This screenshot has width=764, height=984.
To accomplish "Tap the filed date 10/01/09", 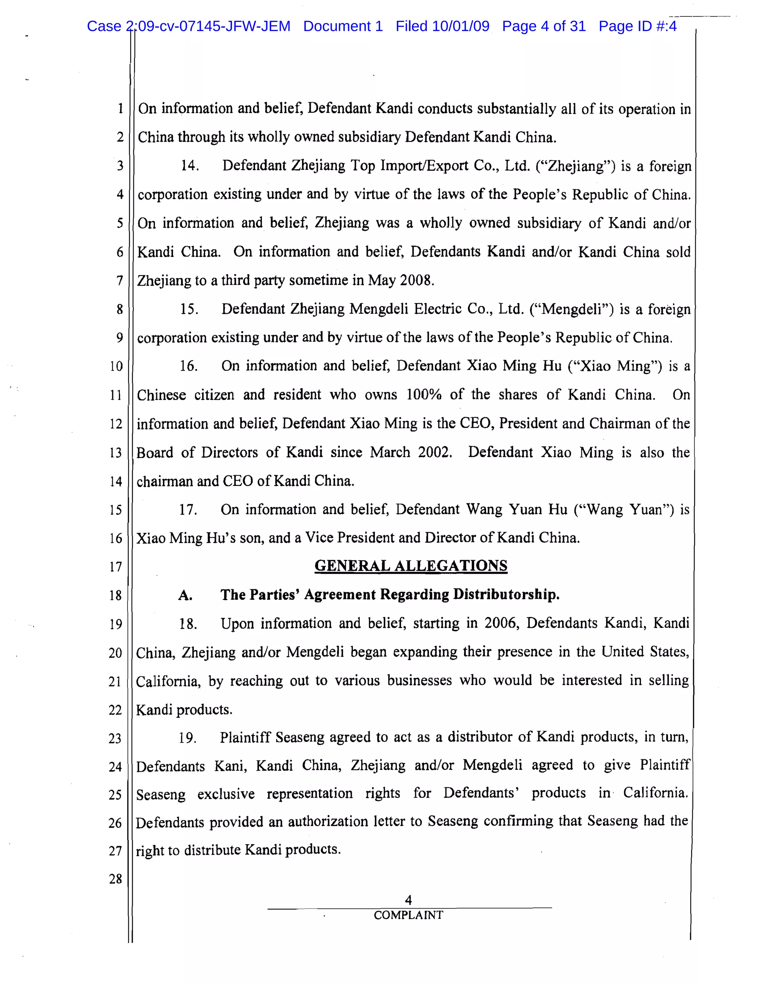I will pyautogui.click(x=460, y=26).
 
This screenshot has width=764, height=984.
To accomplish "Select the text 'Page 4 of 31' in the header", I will pyautogui.click(x=544, y=26).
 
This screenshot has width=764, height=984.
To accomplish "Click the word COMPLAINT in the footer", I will pyautogui.click(x=408, y=915).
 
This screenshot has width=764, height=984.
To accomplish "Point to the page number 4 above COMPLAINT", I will pyautogui.click(x=408, y=900).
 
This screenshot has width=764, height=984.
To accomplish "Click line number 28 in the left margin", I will pyautogui.click(x=115, y=878).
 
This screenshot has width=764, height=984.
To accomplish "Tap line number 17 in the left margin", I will pyautogui.click(x=115, y=567).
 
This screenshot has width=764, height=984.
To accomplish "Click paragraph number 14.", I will pyautogui.click(x=190, y=166).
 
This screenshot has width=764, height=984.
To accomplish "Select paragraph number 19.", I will pyautogui.click(x=187, y=738).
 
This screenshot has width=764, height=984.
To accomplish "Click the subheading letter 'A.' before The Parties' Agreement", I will pyautogui.click(x=185, y=596).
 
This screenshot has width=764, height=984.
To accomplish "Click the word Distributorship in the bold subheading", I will pyautogui.click(x=506, y=595).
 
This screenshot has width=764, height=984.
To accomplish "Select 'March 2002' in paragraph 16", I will pyautogui.click(x=410, y=452).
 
